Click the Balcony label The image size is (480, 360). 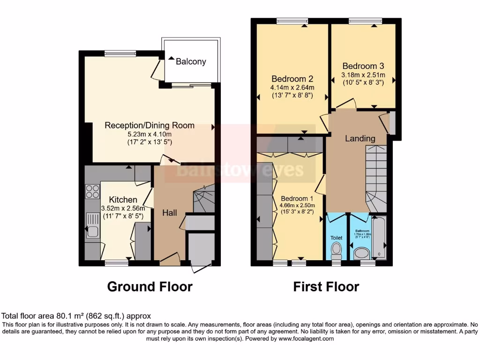191,61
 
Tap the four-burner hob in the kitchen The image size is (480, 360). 92,192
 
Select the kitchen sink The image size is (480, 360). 92,230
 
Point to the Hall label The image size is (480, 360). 170,213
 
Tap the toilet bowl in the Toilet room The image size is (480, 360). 336,252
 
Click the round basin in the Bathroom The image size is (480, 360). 361,254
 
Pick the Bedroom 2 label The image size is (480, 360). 292,79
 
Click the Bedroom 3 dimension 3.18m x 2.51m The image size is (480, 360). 363,75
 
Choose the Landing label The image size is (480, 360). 360,138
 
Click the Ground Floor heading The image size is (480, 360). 150,286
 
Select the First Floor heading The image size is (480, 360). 326,286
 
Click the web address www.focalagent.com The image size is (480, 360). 306,338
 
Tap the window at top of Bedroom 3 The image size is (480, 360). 365,21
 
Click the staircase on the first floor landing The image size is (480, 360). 376,178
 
